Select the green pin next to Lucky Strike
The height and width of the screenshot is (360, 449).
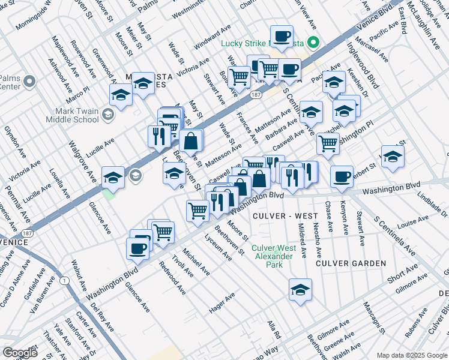pos(312,43)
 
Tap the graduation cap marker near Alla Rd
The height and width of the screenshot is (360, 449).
pos(300,290)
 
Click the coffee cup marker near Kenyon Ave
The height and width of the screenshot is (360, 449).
pos(342,176)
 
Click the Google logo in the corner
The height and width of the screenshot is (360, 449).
pos(20,352)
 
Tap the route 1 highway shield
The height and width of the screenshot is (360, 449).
pos(64,280)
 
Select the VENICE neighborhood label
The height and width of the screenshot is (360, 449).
pos(14,242)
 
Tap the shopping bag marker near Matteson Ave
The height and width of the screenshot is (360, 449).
pos(191,141)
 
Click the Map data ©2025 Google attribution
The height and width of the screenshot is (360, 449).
pos(411,355)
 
